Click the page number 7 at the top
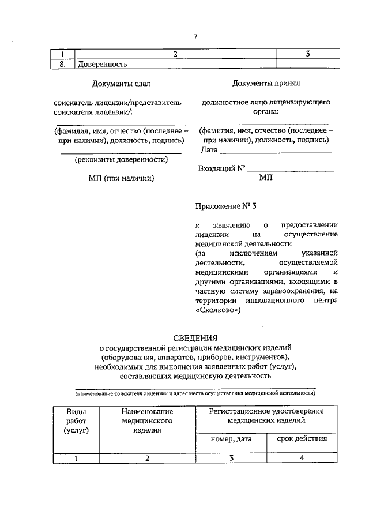tap(195, 37)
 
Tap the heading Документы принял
tap(266, 84)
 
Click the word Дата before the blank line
tap(209, 150)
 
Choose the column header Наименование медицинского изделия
tap(147, 420)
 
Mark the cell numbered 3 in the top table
tap(308, 54)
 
